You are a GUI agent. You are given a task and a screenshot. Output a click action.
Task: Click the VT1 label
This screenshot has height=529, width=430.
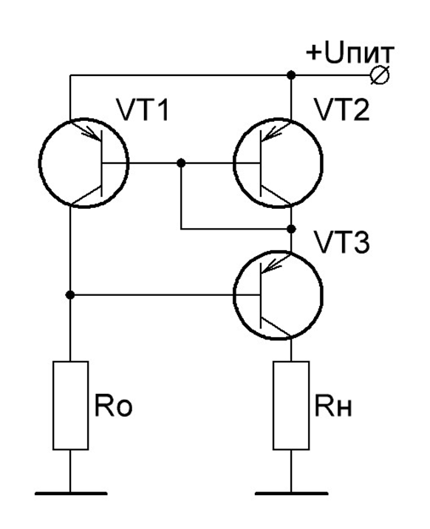(x=142, y=110)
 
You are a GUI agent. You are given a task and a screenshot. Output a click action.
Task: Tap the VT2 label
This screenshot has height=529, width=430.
(x=342, y=110)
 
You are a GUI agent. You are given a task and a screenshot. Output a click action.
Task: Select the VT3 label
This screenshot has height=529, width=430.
(x=342, y=242)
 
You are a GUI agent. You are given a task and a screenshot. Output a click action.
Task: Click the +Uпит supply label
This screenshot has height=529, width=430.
(x=350, y=53)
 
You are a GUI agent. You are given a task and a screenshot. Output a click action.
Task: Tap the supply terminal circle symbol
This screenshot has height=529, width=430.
(x=380, y=75)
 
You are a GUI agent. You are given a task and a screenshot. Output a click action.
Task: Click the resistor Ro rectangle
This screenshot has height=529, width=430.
(x=71, y=406)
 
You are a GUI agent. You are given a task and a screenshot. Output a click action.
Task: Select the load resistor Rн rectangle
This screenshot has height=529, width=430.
(x=291, y=406)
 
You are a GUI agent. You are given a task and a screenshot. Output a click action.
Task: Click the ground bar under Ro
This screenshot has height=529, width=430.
(x=71, y=494)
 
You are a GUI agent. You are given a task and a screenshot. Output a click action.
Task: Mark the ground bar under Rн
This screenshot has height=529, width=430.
(x=291, y=494)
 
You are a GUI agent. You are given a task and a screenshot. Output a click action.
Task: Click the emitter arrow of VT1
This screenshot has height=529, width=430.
(x=91, y=134)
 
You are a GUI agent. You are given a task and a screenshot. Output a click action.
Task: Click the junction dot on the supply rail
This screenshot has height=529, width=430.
(x=291, y=75)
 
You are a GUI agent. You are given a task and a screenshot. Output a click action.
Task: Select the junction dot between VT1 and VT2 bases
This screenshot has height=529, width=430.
(x=181, y=163)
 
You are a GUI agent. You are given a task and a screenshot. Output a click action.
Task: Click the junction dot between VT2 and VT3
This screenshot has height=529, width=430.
(x=291, y=229)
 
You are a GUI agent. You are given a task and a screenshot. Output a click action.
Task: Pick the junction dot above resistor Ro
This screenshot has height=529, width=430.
(x=70, y=295)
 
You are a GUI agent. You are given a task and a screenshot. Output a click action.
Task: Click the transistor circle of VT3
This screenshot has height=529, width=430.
(x=233, y=295)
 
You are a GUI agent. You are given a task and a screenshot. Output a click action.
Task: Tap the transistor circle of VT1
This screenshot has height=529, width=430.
(x=40, y=163)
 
